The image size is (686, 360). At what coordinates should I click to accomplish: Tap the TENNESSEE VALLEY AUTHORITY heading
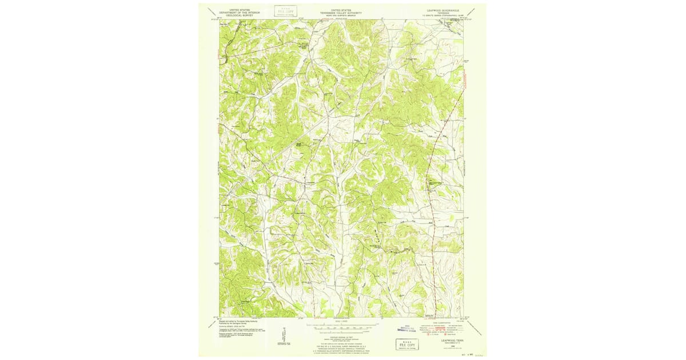click(342, 13)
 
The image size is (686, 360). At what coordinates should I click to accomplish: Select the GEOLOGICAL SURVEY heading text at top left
click(240, 15)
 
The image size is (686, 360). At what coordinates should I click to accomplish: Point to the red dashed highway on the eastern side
click(434, 171)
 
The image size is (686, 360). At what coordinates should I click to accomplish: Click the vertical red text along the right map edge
click(466, 80)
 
